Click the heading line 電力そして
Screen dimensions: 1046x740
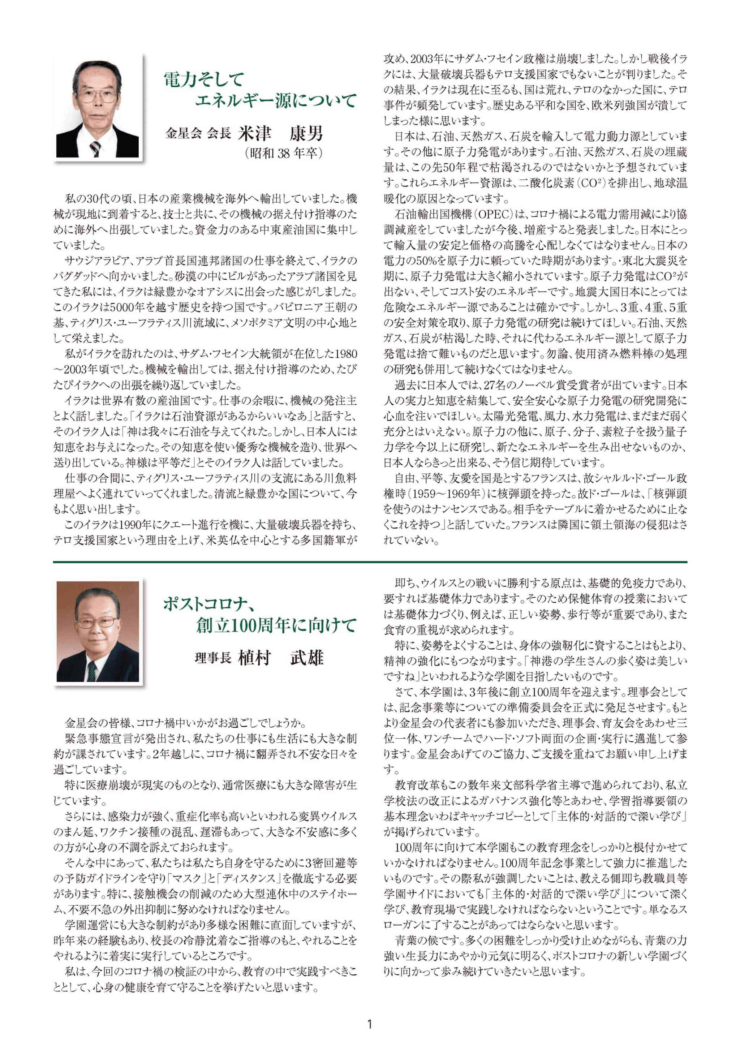(204, 80)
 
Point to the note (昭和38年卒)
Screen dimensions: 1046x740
(283, 153)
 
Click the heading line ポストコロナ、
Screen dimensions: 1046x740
(208, 605)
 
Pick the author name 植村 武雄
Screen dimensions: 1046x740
(280, 658)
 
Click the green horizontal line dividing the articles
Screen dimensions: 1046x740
(370, 562)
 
